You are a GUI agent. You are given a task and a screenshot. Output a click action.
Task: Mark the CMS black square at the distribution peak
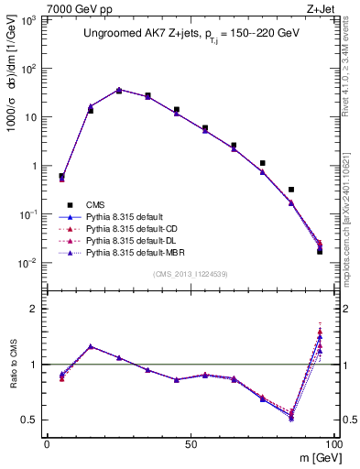coord(119,91)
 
